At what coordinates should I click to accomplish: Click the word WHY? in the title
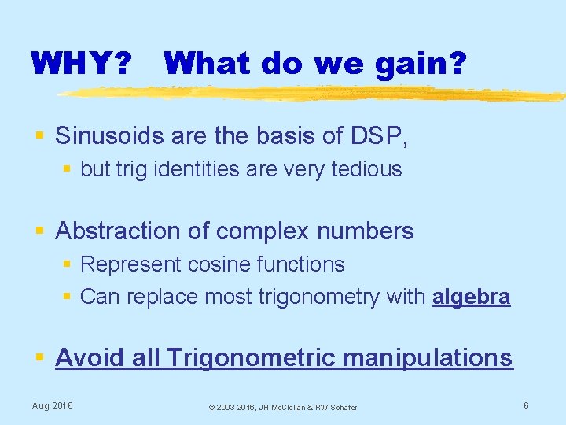tap(81, 63)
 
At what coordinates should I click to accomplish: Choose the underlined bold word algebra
tap(471, 297)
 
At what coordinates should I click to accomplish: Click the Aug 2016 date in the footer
tap(52, 406)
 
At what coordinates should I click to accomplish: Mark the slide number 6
tap(526, 406)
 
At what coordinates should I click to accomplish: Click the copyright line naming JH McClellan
tap(282, 408)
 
